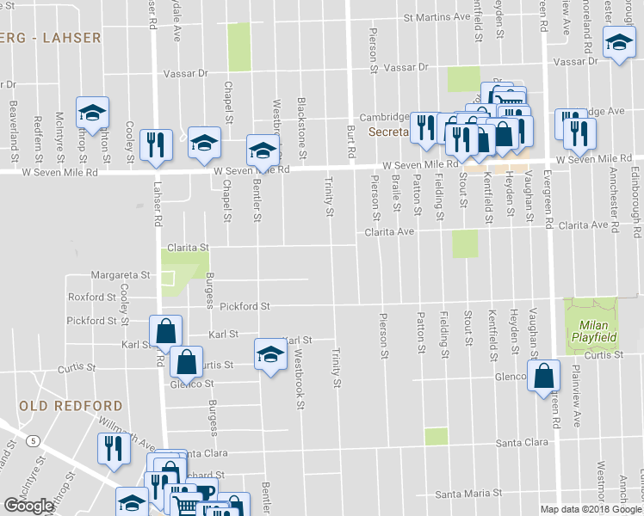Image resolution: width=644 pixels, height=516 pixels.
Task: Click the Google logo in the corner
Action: click(x=28, y=506)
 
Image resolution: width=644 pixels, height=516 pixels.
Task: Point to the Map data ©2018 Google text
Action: click(x=591, y=509)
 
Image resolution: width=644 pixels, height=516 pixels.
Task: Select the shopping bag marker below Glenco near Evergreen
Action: click(x=544, y=376)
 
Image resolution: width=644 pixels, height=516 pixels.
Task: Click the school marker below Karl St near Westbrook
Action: click(x=270, y=355)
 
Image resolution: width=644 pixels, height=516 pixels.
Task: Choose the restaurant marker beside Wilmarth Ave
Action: click(x=114, y=450)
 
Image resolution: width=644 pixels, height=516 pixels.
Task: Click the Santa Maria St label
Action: click(x=468, y=494)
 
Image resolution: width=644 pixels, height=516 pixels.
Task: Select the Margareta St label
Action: click(x=121, y=276)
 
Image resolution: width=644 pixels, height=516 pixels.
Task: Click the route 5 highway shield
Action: click(x=32, y=441)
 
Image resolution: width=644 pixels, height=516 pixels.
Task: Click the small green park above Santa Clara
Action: click(x=436, y=436)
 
